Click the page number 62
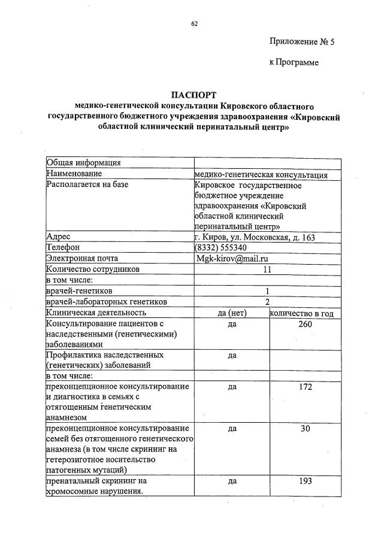194,23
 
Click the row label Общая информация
84,163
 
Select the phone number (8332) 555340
220,248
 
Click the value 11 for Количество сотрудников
267,270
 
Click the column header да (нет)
232,313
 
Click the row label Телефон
63,248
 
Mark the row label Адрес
58,237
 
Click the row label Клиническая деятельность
96,313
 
